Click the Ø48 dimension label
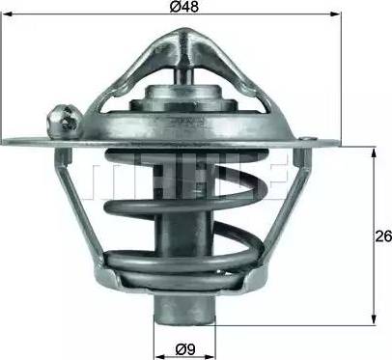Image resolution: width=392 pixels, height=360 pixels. click(x=185, y=6)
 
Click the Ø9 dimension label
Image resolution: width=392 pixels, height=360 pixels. click(x=185, y=348)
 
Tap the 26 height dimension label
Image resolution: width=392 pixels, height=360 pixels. click(x=383, y=236)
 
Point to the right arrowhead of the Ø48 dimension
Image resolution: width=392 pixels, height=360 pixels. click(x=336, y=14)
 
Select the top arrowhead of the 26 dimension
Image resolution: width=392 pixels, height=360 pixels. click(x=374, y=152)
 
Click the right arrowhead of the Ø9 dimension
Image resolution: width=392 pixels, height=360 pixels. click(x=210, y=357)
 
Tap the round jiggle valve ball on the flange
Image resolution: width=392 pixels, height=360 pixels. click(x=63, y=122)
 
